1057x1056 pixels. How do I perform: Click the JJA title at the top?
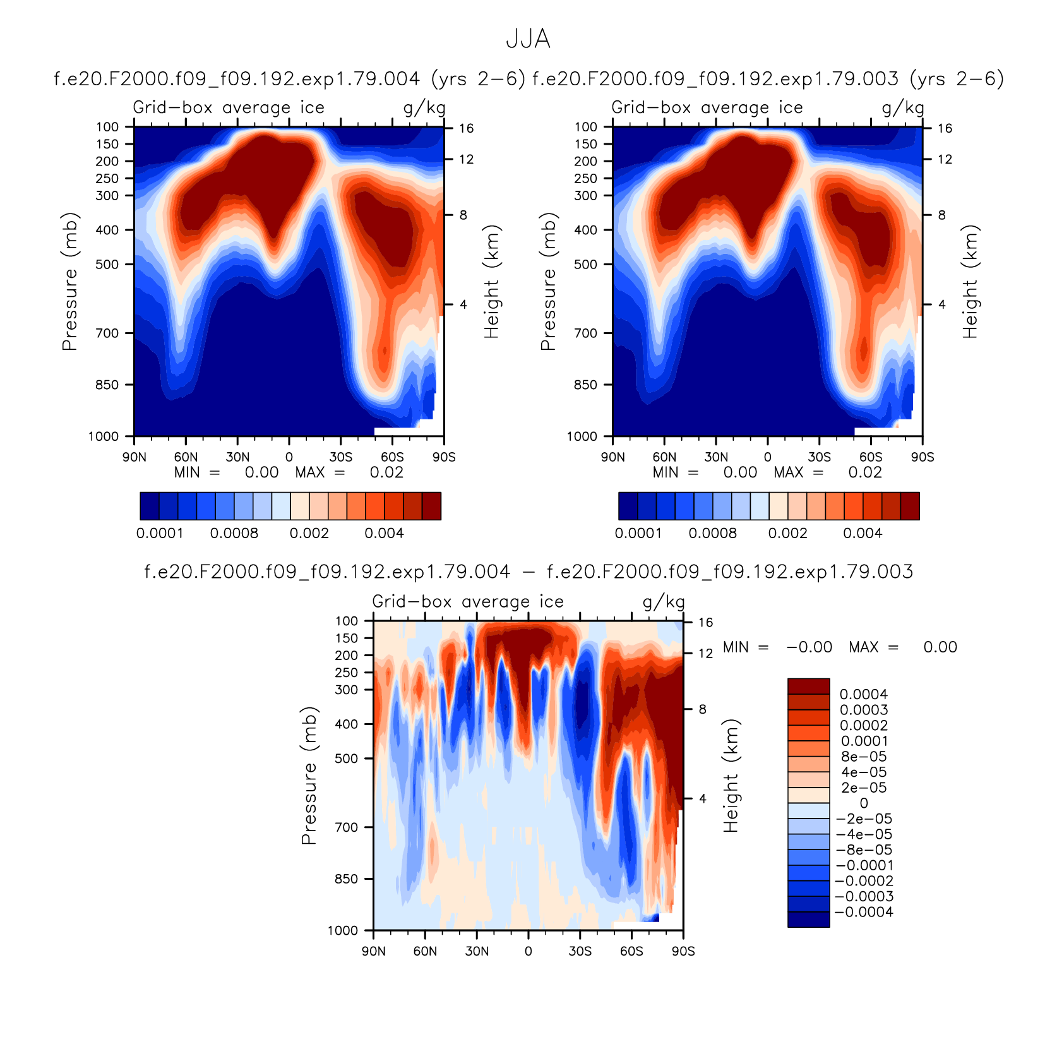coord(528,39)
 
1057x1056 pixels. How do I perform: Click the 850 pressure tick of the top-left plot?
coord(107,385)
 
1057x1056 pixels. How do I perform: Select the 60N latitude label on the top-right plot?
coord(664,457)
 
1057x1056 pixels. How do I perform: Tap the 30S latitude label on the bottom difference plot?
coord(580,951)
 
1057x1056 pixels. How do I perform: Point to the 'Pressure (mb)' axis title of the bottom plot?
coord(308,776)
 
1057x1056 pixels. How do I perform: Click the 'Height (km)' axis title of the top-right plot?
coord(970,282)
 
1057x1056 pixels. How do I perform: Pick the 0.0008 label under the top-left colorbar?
coord(234,533)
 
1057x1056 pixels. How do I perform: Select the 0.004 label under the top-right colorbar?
coord(863,533)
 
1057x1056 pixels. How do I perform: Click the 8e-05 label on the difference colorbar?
coord(864,756)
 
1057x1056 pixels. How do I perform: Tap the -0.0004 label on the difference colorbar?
coord(864,911)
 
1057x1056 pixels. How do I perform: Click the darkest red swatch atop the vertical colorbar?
coord(808,687)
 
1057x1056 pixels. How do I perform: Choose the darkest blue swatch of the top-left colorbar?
coord(150,506)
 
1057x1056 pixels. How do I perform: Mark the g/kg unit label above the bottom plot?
coord(664,602)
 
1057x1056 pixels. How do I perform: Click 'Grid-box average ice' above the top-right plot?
coord(707,107)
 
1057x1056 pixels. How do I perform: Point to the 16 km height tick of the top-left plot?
coord(466,128)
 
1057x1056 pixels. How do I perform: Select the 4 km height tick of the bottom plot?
coord(703,798)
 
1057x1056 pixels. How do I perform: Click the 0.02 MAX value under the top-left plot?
coord(386,472)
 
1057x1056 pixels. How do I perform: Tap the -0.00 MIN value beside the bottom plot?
coord(809,647)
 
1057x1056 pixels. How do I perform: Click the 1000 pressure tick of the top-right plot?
coord(582,436)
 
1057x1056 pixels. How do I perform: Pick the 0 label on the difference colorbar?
coord(864,803)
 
